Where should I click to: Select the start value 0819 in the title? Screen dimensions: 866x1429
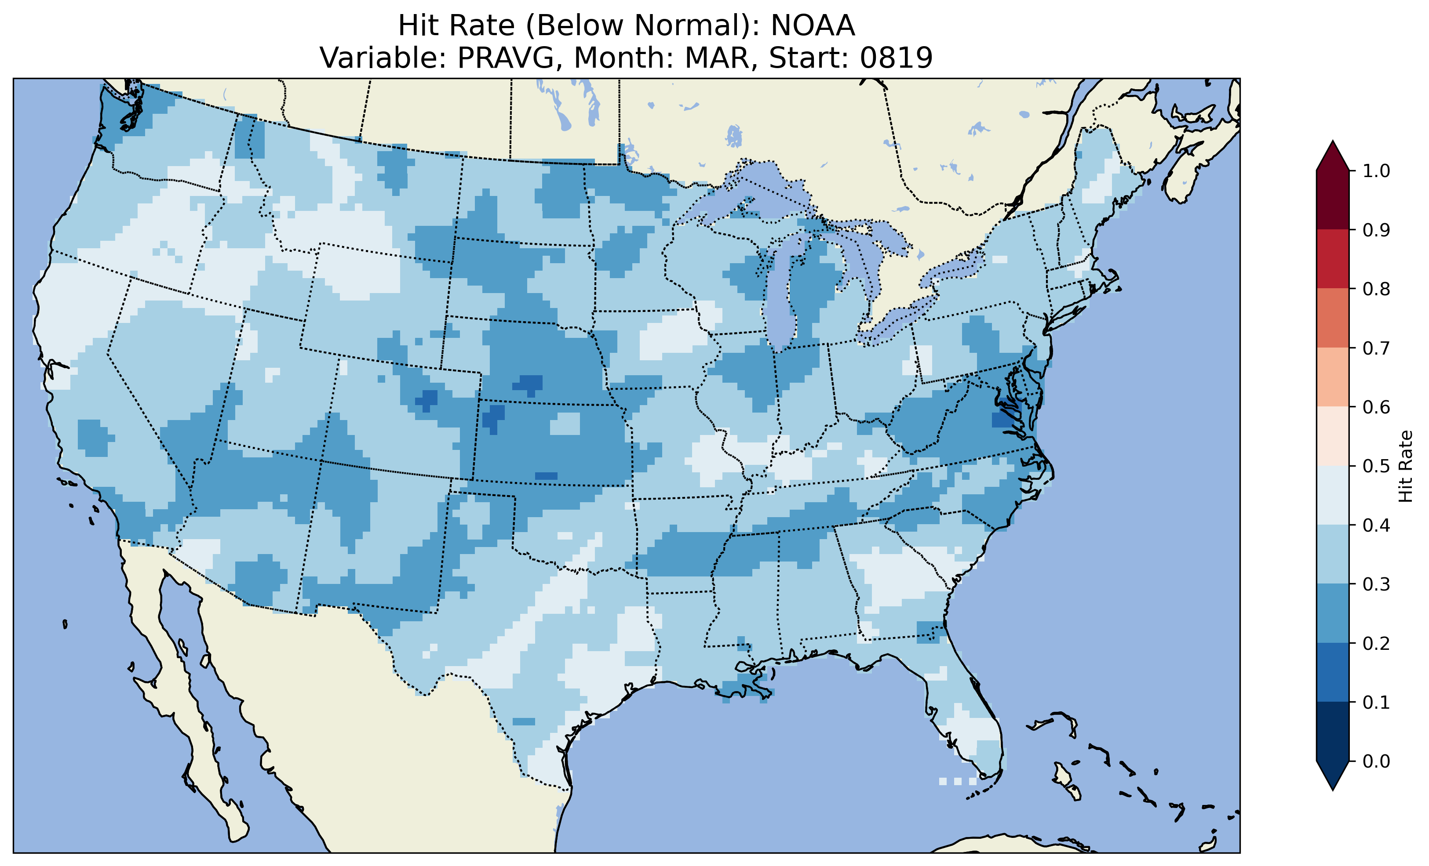(896, 58)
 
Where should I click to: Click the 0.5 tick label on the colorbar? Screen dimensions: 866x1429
(1376, 466)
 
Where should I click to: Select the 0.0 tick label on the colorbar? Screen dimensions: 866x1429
(1376, 761)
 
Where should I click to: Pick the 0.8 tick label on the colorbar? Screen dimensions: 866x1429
(1376, 289)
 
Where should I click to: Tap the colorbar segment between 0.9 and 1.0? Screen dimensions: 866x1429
(1333, 200)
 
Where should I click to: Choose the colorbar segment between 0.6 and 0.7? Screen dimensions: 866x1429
(1333, 377)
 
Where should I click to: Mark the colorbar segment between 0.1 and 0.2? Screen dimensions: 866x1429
(1333, 672)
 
